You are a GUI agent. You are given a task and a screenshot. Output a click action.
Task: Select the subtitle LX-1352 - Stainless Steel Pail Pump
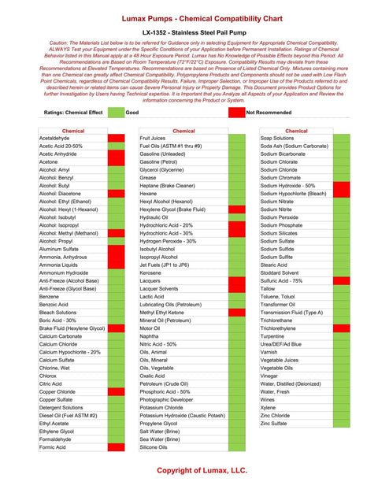[x=188, y=32]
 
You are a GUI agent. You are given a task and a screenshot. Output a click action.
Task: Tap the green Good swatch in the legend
[x=116, y=113]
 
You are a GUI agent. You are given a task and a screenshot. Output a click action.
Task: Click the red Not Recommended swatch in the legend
[x=235, y=113]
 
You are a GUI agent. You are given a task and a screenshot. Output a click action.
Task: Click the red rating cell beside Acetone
[x=116, y=162]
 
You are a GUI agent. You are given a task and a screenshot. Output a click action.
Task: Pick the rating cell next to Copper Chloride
[x=116, y=391]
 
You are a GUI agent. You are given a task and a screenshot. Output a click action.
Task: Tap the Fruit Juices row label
[x=153, y=138]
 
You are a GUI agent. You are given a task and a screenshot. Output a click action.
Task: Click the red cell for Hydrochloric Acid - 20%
[x=236, y=225]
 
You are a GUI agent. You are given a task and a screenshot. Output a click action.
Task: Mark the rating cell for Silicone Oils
[x=236, y=447]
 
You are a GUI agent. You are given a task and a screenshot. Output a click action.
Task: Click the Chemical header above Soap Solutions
[x=296, y=131]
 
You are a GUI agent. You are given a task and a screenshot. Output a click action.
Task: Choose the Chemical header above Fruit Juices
[x=183, y=131]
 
